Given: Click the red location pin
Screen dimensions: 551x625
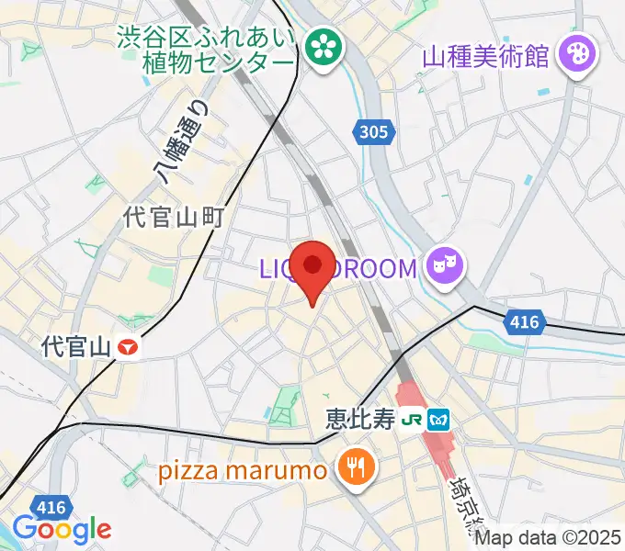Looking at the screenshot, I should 313,267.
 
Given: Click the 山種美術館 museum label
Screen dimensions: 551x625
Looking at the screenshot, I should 486,56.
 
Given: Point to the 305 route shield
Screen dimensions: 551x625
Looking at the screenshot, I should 374,133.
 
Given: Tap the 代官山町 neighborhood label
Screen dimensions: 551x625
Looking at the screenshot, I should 175,217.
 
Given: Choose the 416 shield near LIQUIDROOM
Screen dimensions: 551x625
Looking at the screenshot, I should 523,321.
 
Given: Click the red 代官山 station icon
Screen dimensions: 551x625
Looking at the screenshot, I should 130,346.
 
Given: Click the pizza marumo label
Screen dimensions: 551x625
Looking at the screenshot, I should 243,471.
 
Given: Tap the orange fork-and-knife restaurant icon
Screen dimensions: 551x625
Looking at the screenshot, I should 353,468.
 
